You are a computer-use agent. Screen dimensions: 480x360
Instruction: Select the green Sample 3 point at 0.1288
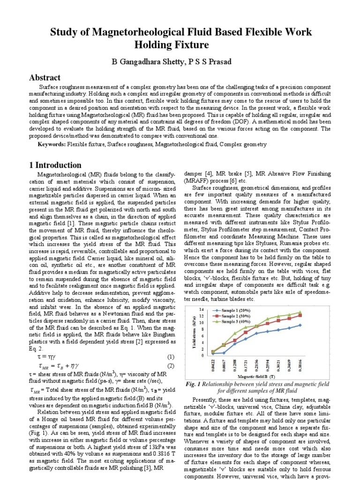pyautogui.click(x=235, y=334)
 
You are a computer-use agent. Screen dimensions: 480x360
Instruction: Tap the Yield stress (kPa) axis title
pyautogui.click(x=193, y=334)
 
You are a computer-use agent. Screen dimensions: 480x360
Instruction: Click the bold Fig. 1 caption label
pyautogui.click(x=193, y=384)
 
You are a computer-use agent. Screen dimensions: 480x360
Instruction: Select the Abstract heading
pyautogui.click(x=45, y=78)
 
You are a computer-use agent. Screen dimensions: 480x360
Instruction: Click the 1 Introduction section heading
pyautogui.click(x=52, y=165)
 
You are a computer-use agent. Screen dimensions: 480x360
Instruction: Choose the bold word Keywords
pyautogui.click(x=52, y=145)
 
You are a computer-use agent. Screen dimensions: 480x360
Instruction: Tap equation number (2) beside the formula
pyautogui.click(x=171, y=366)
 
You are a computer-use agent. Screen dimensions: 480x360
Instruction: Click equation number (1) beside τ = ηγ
pyautogui.click(x=171, y=357)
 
